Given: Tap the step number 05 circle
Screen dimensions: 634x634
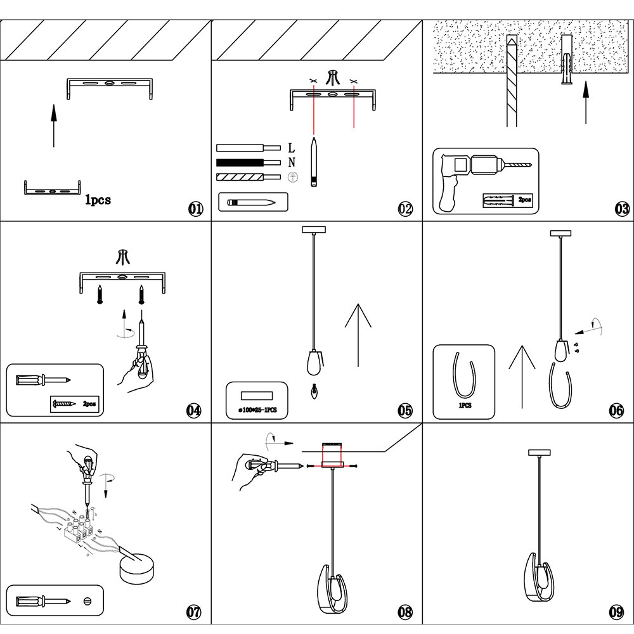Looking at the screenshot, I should (x=405, y=411).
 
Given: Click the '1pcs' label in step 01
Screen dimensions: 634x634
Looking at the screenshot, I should (x=98, y=200).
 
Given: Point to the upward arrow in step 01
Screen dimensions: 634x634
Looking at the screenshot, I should (x=54, y=126).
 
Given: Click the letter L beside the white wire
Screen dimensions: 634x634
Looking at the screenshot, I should (x=292, y=148).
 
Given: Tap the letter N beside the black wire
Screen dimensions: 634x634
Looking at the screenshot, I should (x=292, y=162).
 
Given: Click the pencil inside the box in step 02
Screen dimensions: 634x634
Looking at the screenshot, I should (x=252, y=202).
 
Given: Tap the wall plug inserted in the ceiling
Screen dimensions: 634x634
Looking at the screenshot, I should (x=567, y=67).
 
